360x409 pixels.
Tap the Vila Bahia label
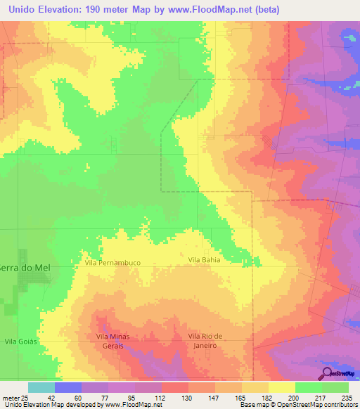[204, 260]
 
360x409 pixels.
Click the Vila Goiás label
[20, 341]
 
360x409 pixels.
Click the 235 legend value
[345, 398]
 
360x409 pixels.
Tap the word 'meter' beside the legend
[11, 398]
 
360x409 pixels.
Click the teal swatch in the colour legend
[41, 387]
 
